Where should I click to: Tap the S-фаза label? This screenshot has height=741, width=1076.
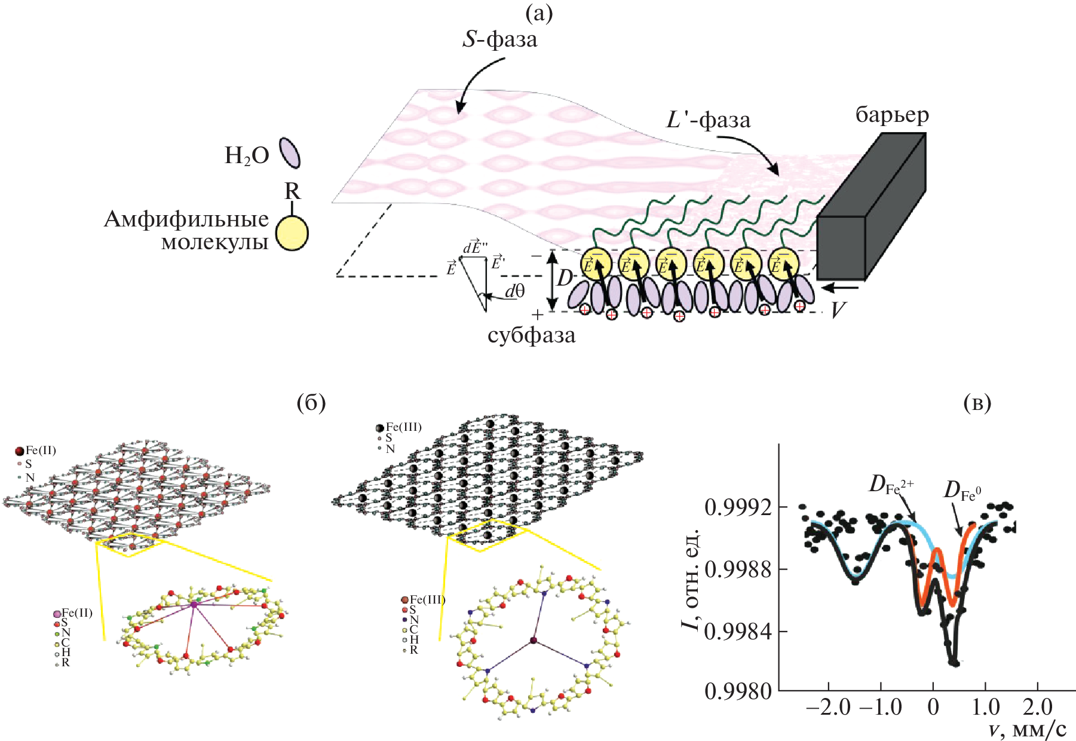500,40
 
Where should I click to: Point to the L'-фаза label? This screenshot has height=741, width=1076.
709,120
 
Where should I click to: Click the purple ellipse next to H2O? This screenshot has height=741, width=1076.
290,153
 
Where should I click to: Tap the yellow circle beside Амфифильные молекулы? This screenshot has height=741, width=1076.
292,233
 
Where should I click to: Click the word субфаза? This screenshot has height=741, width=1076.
531,335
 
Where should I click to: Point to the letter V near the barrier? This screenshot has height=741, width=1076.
838,310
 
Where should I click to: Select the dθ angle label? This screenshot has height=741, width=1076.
514,291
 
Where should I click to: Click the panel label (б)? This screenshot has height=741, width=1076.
311,403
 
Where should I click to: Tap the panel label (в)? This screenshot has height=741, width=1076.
977,403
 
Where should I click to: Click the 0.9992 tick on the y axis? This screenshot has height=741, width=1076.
737,508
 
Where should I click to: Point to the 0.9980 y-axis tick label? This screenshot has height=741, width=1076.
737,691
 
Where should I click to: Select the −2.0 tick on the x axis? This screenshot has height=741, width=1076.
828,708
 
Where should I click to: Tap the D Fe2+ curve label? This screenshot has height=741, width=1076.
891,485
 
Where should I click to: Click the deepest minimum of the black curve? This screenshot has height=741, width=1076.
954,662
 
